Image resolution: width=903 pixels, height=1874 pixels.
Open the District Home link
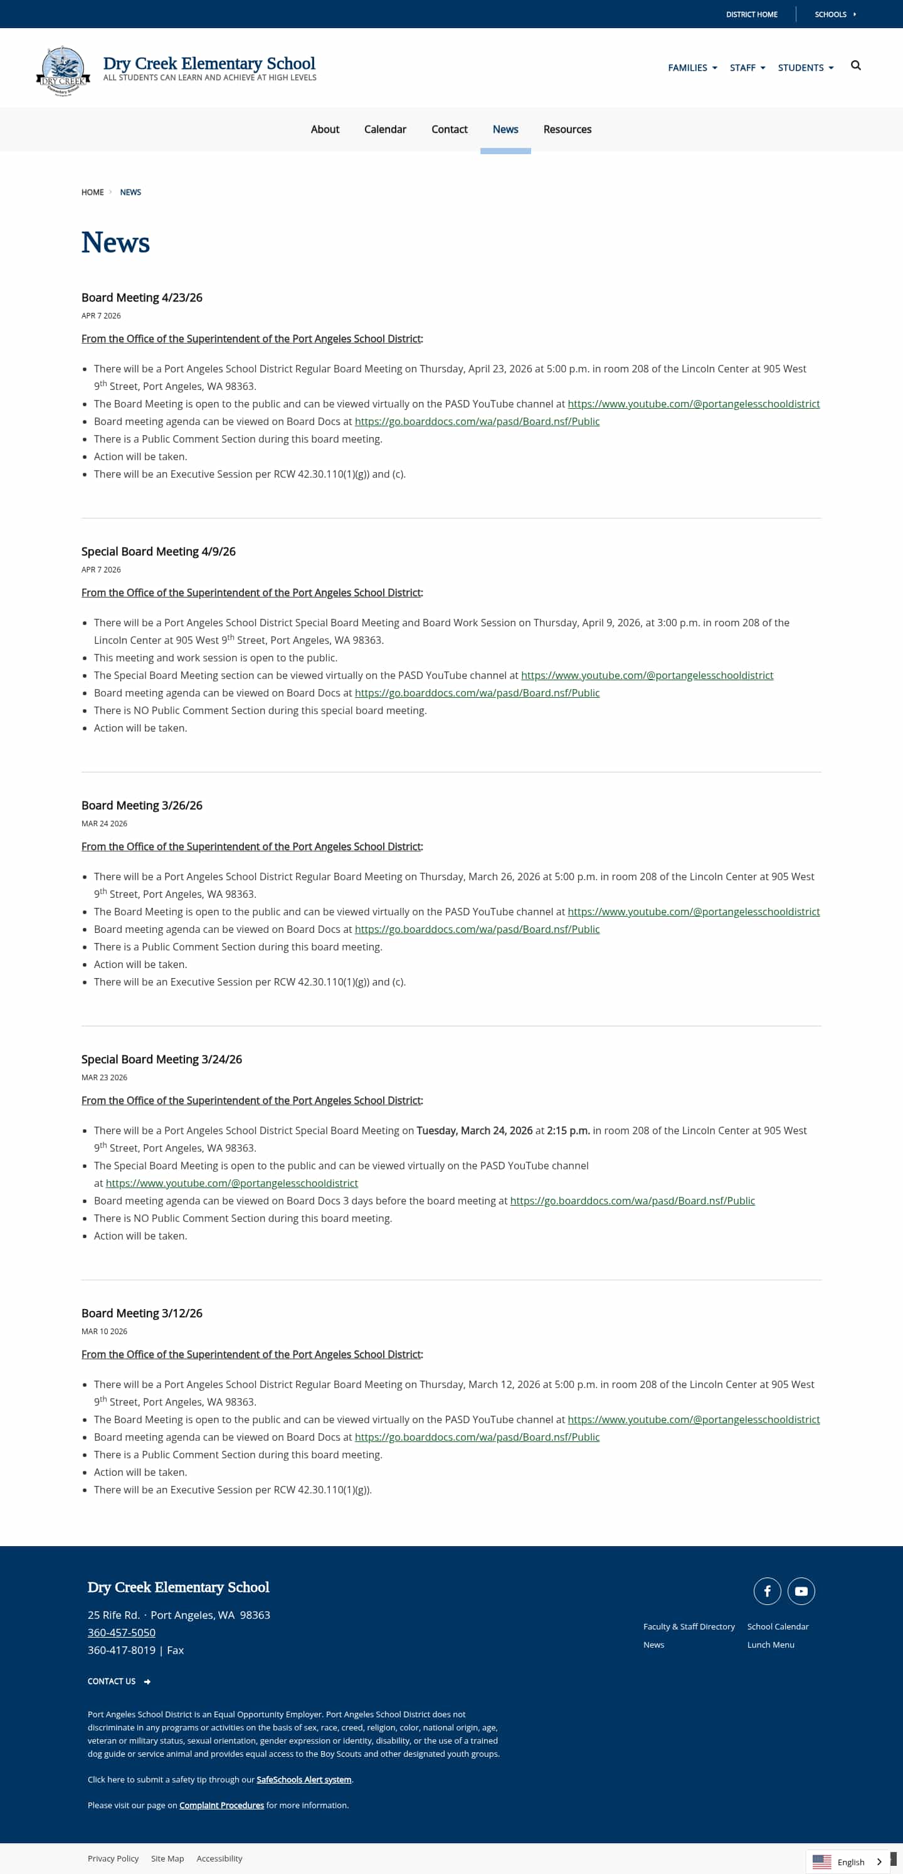[751, 14]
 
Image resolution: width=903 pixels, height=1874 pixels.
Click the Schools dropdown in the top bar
[834, 14]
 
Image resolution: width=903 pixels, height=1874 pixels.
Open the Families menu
[692, 68]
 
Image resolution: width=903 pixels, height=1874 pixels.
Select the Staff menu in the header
[747, 68]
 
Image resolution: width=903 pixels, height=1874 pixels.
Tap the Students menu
[805, 68]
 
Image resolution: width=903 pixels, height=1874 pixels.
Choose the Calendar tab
[385, 130]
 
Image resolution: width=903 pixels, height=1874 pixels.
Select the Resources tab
[567, 130]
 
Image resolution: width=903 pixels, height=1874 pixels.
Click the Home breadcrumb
[92, 192]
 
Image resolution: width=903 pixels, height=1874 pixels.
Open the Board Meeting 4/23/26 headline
[142, 298]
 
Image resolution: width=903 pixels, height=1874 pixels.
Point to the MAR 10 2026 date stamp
[104, 1331]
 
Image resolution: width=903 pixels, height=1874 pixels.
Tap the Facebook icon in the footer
[767, 1591]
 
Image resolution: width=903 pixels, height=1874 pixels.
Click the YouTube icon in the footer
[801, 1591]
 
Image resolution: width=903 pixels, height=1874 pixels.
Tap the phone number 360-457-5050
[122, 1633]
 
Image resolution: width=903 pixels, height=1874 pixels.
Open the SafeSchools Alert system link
[304, 1779]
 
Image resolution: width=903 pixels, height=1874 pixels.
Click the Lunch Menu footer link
[771, 1645]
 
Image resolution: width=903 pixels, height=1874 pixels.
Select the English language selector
[848, 1861]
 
